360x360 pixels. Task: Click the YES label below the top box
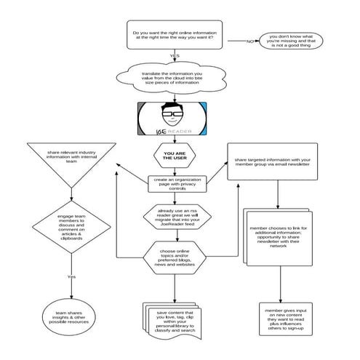pyautogui.click(x=174, y=56)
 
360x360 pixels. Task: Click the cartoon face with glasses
pyautogui.click(x=173, y=114)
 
